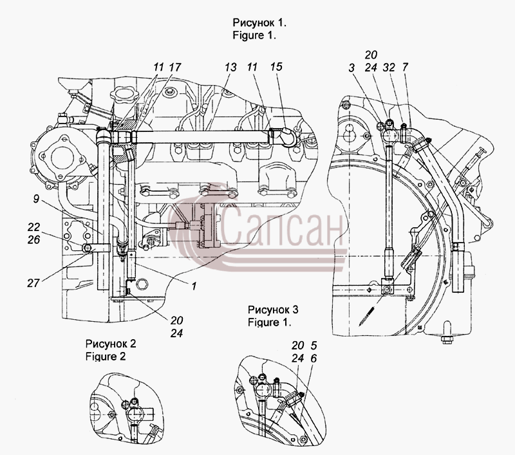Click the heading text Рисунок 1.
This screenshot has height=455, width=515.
tap(259, 23)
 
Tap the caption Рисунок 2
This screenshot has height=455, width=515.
tap(111, 344)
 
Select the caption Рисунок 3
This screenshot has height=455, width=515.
tap(273, 310)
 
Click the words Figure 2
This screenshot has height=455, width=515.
tap(106, 356)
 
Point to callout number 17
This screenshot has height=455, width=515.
tap(174, 67)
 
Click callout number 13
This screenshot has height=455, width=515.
tap(230, 67)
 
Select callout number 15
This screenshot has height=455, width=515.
tap(276, 67)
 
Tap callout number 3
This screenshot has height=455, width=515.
tap(351, 68)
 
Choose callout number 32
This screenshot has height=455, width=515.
tap(389, 68)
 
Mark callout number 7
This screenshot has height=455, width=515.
tap(405, 67)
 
